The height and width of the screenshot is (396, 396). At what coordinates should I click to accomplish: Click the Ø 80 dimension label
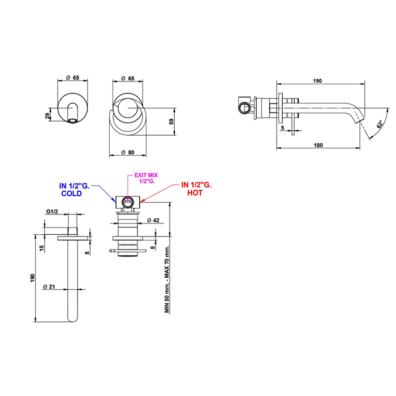coord(128,152)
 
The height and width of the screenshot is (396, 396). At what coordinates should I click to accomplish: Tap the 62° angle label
coord(380,124)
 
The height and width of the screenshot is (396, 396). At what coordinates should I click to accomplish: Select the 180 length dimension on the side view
coord(318,145)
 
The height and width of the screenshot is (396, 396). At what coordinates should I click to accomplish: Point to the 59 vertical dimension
coord(171,122)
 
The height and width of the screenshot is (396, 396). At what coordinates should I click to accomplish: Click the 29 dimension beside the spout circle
coord(48,116)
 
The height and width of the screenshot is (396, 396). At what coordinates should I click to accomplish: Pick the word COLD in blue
coord(71,193)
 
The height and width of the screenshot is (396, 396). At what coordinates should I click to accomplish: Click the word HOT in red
coord(195,193)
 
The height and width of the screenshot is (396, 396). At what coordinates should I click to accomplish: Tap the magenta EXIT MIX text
coord(146,175)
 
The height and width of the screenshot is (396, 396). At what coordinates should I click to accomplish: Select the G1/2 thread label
coord(52,212)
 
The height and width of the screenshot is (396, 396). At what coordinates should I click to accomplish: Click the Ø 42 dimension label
coord(153,220)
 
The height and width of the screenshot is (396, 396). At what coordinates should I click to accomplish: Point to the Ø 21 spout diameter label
coord(49,286)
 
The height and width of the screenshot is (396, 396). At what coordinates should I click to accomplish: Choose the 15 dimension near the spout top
coord(42,248)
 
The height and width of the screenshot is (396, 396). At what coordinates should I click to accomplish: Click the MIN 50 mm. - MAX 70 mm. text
coord(167,279)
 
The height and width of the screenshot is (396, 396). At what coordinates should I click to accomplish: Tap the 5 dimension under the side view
coord(283,128)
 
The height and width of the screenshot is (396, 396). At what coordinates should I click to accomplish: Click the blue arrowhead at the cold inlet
coord(114,200)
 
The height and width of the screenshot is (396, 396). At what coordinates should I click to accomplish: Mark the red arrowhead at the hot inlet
coord(142,201)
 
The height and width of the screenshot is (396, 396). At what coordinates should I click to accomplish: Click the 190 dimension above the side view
coord(317,81)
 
